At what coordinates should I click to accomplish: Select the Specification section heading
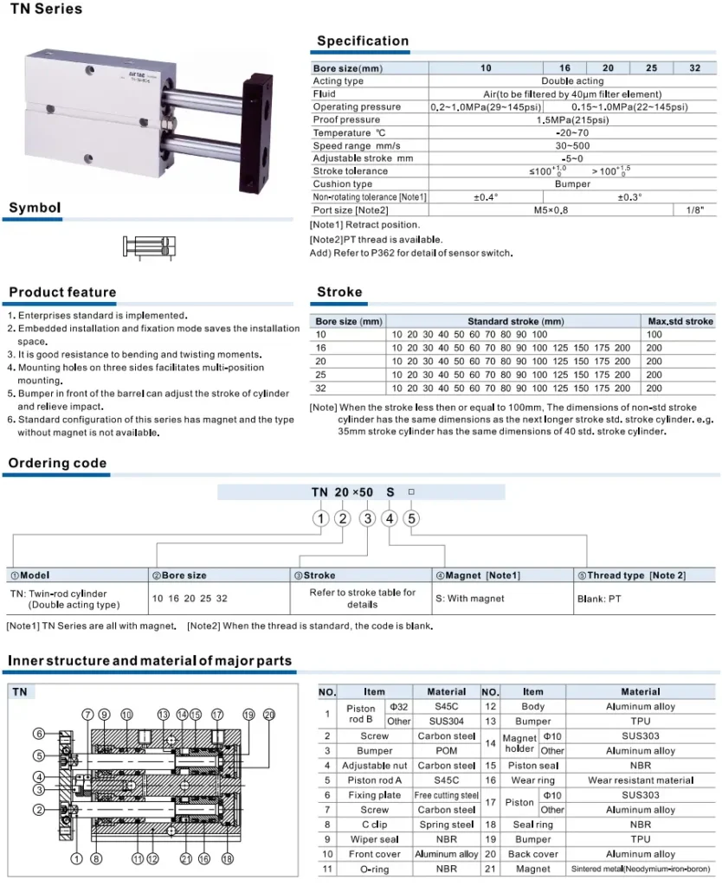pos(362,41)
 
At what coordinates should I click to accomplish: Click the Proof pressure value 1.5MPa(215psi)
pos(572,119)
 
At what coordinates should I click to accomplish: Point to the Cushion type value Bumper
pos(572,184)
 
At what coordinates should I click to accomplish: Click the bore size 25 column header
pos(651,68)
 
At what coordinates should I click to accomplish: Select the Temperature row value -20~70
pos(572,132)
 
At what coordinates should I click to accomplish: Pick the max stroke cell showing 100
pos(654,334)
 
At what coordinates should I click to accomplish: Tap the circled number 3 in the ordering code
pos(368,518)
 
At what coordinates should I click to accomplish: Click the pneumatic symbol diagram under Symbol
pos(150,246)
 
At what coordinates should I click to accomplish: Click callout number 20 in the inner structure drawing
pos(268,715)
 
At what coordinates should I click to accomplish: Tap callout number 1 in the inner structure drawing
pos(75,858)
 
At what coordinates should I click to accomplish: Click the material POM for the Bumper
pos(447,751)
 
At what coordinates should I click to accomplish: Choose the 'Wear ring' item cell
pos(532,780)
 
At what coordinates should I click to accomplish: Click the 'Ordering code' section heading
pos(57,464)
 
